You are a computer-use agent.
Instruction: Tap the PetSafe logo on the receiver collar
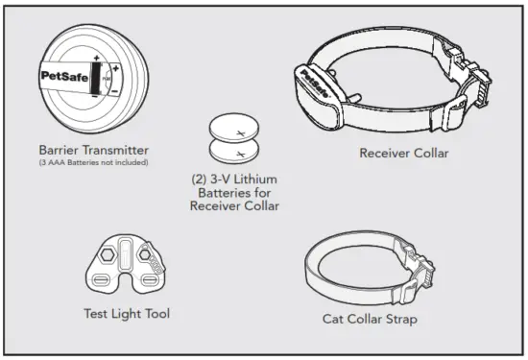click(x=312, y=79)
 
